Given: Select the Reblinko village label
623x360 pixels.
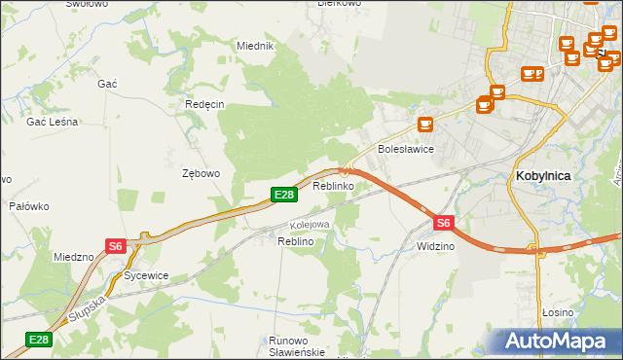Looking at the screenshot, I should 333,185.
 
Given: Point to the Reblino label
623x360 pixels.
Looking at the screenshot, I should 295,240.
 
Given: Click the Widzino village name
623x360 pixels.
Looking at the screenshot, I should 435,246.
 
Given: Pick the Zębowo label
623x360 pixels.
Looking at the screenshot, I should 202,173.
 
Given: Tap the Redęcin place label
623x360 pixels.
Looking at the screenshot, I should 204,104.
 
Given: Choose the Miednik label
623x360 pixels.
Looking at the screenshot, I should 256,46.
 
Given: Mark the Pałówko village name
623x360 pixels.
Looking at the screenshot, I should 29,206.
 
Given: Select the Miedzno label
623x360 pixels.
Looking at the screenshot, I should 74,257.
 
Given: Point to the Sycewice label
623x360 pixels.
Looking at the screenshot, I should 146,275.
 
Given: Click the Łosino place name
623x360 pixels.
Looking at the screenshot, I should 558,312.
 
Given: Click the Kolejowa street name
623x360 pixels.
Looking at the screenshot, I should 311,225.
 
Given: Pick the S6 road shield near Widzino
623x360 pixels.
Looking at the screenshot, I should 443,223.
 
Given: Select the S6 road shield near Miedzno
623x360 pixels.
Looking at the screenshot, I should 116,246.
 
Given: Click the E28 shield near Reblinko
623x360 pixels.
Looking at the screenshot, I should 282,196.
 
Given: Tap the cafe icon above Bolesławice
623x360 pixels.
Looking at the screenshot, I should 424,125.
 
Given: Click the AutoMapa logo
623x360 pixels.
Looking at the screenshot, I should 558,342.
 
